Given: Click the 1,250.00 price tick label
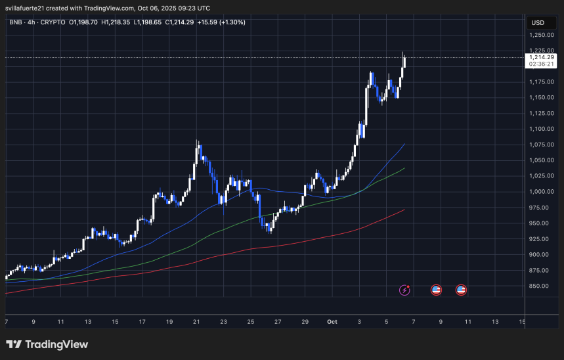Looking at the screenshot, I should point(542,35).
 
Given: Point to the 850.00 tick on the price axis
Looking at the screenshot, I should point(542,286).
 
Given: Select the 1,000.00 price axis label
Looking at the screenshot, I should point(542,192).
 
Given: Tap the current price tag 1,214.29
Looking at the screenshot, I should point(542,57).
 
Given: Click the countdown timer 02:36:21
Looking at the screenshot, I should point(542,64).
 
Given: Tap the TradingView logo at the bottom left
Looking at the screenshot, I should point(47,344).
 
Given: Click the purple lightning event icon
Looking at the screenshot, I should point(405,290).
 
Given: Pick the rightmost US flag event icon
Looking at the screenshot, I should point(460,290).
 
